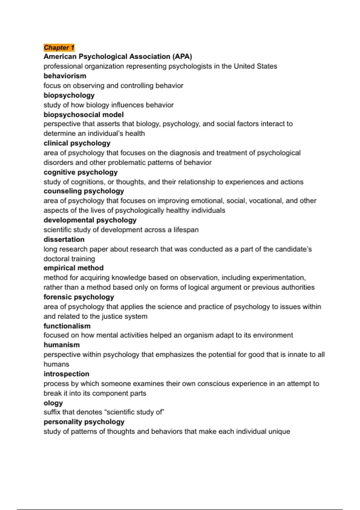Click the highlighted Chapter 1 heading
click(59, 47)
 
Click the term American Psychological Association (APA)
click(118, 56)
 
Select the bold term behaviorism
click(65, 76)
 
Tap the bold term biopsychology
click(69, 95)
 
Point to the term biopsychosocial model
click(83, 115)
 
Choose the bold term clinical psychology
click(77, 143)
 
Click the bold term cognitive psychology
click(80, 172)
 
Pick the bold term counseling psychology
click(84, 191)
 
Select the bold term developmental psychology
click(90, 220)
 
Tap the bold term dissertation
click(64, 239)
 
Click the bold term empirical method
click(73, 268)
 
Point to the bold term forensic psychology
click(79, 297)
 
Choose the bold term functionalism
click(67, 326)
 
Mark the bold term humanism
click(61, 345)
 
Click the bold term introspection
click(66, 374)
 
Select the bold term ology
click(53, 403)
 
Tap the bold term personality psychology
click(84, 422)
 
